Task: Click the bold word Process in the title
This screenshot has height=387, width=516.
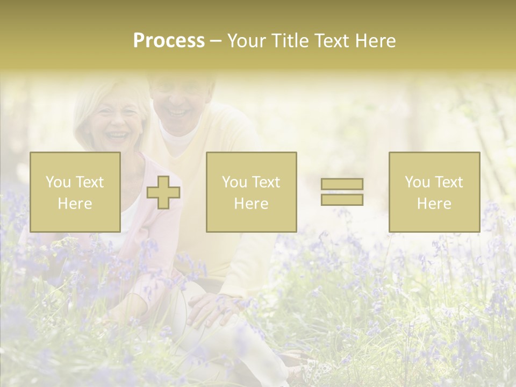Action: tap(169, 41)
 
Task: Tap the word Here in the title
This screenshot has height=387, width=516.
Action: tap(374, 41)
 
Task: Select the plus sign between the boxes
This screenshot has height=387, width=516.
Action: tap(163, 192)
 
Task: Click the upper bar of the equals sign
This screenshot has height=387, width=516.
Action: tap(342, 184)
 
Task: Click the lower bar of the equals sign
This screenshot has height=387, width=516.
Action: tap(342, 199)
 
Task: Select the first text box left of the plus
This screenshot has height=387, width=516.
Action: tap(75, 192)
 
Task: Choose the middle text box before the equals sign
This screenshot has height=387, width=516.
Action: tap(251, 192)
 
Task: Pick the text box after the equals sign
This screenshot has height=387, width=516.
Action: tap(434, 192)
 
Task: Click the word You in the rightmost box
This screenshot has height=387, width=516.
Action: tap(416, 182)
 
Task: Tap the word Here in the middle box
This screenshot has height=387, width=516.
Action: tap(251, 204)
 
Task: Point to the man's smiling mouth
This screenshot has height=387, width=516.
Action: tap(177, 113)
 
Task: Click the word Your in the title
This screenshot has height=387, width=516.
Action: tap(248, 41)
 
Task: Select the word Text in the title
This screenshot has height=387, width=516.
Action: tap(330, 41)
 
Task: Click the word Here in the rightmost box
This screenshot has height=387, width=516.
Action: tap(434, 204)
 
